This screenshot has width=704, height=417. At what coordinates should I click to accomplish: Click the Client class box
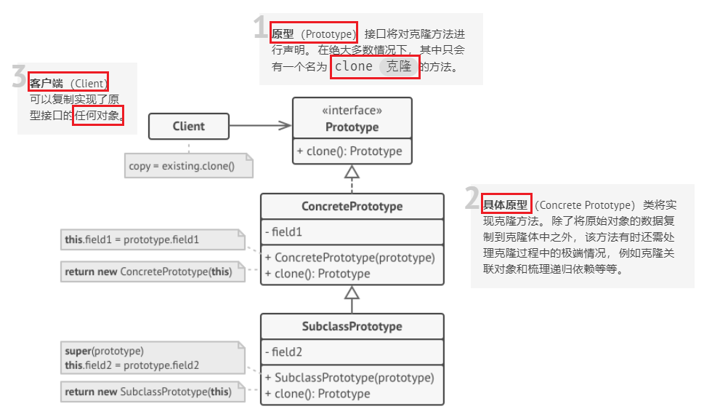click(x=188, y=126)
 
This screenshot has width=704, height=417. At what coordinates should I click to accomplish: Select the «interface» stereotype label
click(x=352, y=111)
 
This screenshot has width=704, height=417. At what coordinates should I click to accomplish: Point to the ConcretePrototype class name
click(x=352, y=206)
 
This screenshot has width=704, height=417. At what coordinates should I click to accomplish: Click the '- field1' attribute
click(x=288, y=233)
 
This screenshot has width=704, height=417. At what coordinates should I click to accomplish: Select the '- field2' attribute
click(x=288, y=352)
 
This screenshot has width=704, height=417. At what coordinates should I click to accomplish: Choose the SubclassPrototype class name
click(x=352, y=326)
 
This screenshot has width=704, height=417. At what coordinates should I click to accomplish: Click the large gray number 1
click(x=261, y=28)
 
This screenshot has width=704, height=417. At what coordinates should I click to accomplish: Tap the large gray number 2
click(x=473, y=198)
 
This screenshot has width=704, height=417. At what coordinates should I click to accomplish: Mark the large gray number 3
click(x=20, y=76)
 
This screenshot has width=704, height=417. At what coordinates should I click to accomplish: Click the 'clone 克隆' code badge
click(x=375, y=67)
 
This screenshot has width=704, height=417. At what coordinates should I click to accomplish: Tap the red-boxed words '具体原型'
click(x=506, y=204)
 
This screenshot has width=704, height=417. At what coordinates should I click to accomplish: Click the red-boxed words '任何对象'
click(x=98, y=114)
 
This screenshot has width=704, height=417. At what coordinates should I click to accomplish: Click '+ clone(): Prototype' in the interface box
click(x=349, y=151)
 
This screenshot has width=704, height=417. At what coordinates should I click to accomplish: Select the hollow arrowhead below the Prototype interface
click(x=352, y=172)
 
